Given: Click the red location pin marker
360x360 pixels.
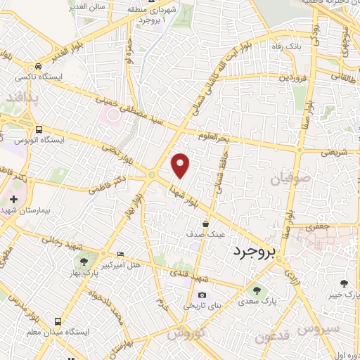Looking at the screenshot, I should tap(181, 165).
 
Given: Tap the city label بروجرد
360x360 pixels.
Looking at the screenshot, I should tap(257, 250).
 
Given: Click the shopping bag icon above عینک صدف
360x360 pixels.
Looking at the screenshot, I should tap(205, 223).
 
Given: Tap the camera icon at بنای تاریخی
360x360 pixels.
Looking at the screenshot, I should tap(202, 295).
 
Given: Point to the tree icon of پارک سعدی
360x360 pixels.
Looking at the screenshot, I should tap(255, 290).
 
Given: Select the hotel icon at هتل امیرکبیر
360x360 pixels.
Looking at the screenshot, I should tap(120, 253).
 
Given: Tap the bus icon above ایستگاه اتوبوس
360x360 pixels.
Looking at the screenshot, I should tap(39, 129).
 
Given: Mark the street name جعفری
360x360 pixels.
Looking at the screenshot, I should tap(337, 227).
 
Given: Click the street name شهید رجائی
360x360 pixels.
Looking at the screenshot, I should tap(64, 243).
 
